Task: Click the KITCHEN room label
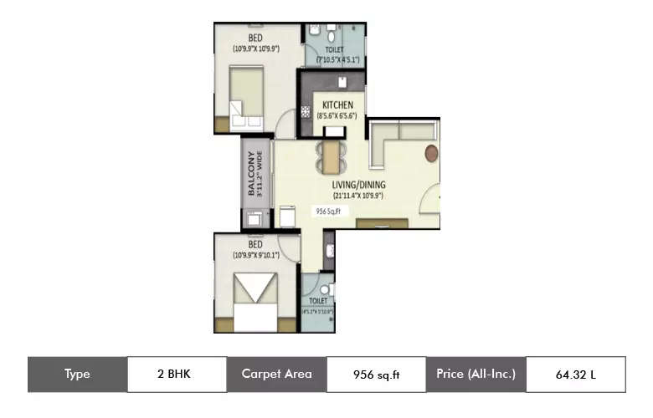click(337, 105)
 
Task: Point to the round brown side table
click(431, 153)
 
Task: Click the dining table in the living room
click(332, 155)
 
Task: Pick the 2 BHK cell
click(177, 374)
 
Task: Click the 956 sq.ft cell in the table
click(376, 374)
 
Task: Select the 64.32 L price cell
click(575, 374)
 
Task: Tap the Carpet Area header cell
click(276, 374)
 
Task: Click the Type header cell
click(77, 374)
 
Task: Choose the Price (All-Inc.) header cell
click(476, 374)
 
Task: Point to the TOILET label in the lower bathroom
click(318, 300)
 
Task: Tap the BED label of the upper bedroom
click(256, 38)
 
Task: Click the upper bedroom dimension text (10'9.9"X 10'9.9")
click(256, 48)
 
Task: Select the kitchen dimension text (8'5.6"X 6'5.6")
click(337, 116)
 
